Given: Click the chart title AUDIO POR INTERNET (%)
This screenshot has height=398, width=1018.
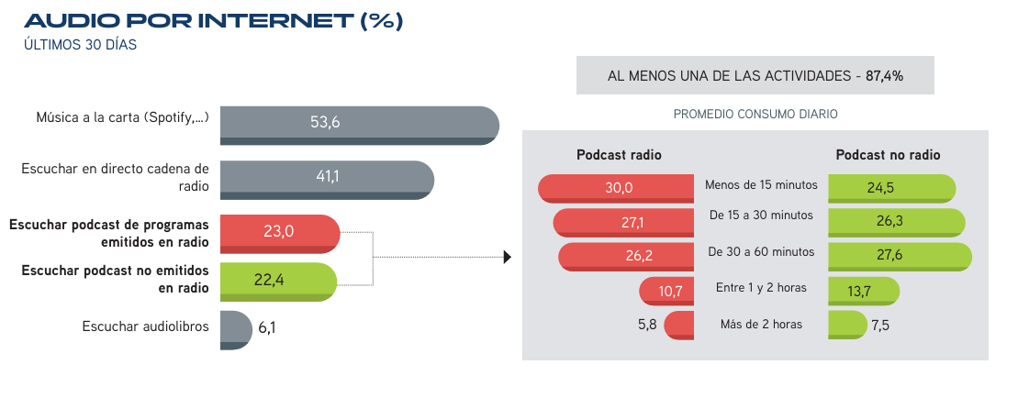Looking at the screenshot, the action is [214, 21].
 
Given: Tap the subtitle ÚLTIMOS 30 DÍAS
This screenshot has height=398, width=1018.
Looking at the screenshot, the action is [81, 45].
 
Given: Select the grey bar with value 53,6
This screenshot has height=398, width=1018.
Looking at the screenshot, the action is [360, 125].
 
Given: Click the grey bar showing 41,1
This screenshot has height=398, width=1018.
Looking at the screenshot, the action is [327, 180].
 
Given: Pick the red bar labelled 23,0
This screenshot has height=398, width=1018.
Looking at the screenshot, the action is [280, 234].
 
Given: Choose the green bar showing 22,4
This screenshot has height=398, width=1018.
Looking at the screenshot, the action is [278, 282].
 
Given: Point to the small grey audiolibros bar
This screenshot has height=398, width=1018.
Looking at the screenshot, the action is [236, 330].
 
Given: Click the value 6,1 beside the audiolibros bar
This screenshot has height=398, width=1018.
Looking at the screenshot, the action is [267, 328].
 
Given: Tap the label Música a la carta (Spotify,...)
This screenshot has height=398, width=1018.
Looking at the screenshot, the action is [123, 118].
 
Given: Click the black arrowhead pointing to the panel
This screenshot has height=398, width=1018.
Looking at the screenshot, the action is [508, 258].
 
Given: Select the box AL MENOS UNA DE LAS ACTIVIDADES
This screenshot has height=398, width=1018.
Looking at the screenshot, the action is [755, 75].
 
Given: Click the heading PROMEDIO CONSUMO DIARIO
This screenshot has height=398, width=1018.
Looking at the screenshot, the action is [755, 115].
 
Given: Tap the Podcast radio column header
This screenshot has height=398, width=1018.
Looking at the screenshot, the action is [620, 155].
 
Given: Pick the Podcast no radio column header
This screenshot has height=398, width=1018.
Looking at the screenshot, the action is [889, 155].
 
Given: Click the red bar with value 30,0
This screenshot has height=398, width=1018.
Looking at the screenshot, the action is [616, 189].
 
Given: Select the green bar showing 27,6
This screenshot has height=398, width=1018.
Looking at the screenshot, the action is [900, 256].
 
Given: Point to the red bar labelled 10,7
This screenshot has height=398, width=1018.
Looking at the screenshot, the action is [666, 291].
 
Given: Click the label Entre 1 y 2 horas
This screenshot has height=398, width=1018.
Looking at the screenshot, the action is [761, 287].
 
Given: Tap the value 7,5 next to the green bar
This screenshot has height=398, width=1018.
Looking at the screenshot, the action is [880, 326].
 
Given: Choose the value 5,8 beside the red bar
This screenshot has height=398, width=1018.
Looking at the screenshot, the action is [647, 324].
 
